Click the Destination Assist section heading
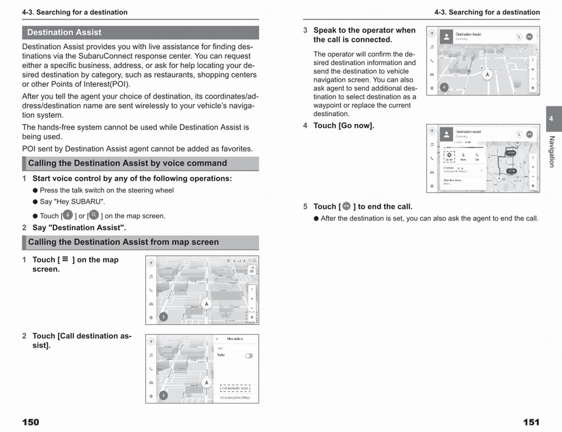pos(64,32)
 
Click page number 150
pos(30,422)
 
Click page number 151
pos(531,422)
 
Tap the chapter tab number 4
pos(551,119)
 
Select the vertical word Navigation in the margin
pos(552,151)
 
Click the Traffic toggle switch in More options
pos(249,356)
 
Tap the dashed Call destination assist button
pos(235,388)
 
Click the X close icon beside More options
pos(217,339)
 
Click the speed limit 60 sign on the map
pos(252,269)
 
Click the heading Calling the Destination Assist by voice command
pos(127,163)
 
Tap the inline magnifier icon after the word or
pos(94,215)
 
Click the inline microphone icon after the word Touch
pos(67,215)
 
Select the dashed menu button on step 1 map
pos(251,317)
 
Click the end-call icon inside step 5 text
pos(347,206)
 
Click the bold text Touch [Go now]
pos(344,126)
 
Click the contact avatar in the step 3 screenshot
pos(446,36)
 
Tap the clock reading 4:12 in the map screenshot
pos(252,260)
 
